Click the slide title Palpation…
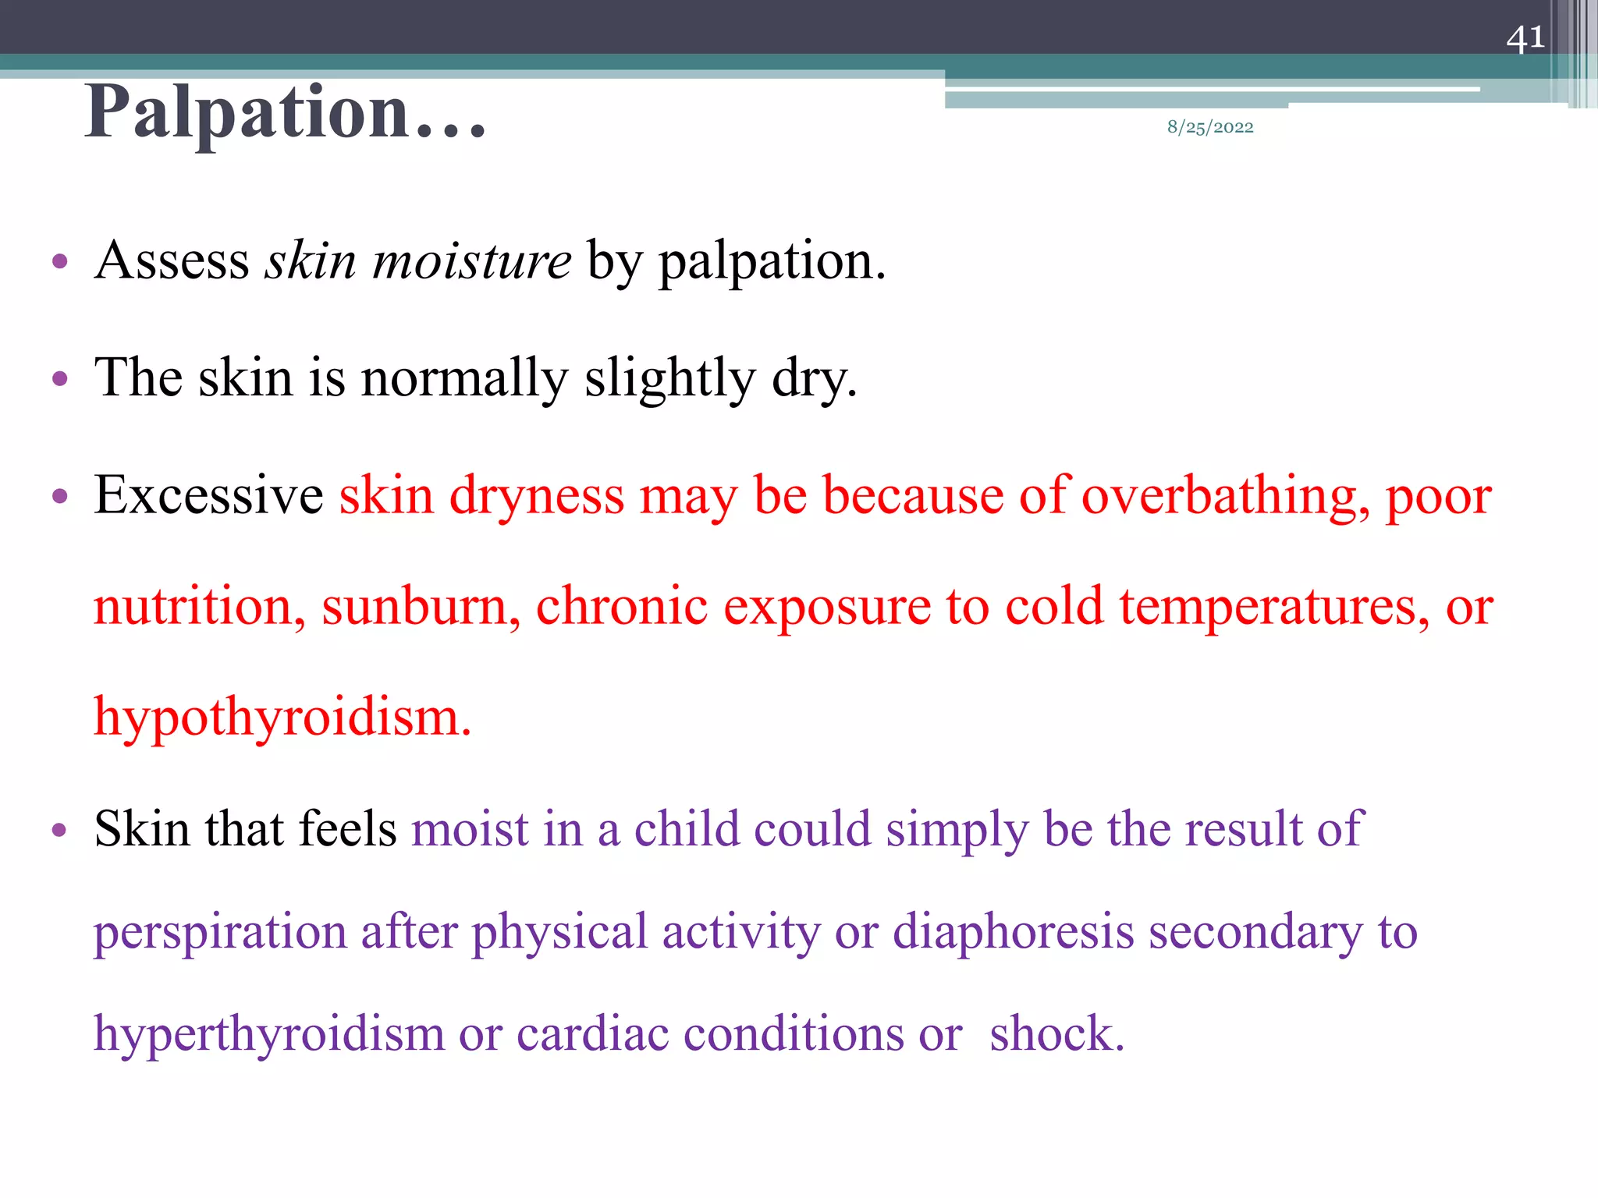(286, 113)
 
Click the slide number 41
(1525, 38)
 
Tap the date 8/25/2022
(1210, 127)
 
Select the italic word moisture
(472, 261)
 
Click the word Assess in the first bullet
(172, 261)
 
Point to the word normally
(464, 379)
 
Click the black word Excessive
(208, 495)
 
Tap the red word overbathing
(1225, 495)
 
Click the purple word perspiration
(220, 933)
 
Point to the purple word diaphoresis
(1013, 933)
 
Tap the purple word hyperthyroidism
(268, 1034)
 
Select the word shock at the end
(1056, 1034)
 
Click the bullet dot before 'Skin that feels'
(59, 830)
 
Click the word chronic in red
(621, 607)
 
